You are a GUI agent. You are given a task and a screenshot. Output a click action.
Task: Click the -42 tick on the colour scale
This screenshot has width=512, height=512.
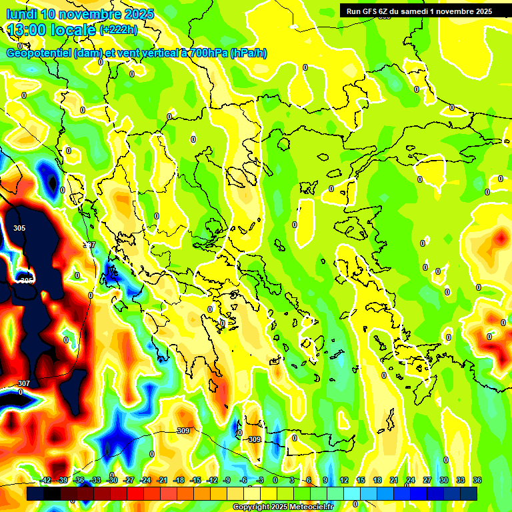pos(45,480)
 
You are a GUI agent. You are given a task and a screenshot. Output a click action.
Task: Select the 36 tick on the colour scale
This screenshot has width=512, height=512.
pos(477,480)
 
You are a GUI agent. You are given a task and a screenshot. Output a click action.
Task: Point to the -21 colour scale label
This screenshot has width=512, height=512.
pos(161,480)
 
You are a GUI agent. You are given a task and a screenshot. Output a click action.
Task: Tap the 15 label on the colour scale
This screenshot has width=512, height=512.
pos(361,480)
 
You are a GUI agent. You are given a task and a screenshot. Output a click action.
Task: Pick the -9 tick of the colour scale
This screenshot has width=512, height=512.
pos(227,480)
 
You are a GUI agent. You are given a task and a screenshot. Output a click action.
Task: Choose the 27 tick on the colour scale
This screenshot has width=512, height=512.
pos(427,480)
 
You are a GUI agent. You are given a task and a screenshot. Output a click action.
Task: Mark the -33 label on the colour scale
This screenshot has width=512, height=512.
pos(95,480)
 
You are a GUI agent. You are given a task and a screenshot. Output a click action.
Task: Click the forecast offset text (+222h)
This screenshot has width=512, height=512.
pos(119,29)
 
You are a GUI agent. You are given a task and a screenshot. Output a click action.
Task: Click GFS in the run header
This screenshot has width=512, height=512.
pos(372,11)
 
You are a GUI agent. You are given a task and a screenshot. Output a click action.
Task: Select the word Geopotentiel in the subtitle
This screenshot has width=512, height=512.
pos(39,53)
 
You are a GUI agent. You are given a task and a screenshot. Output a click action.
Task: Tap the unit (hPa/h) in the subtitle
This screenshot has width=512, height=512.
pos(249,53)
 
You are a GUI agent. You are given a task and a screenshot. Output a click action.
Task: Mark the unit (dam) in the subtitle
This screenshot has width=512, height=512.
pos(89,53)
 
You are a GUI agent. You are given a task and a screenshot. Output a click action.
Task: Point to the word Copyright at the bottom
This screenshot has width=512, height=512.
pos(251,507)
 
